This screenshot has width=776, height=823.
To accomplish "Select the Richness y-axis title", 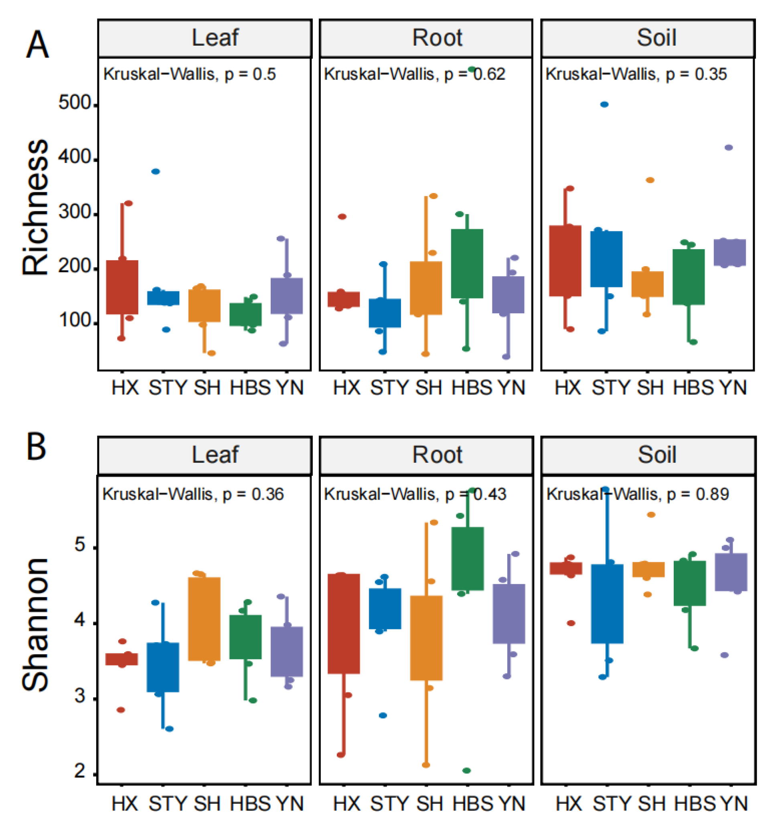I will (35, 207).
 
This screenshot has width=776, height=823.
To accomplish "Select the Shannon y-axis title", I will (35, 625).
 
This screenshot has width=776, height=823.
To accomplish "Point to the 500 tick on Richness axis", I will (75, 103).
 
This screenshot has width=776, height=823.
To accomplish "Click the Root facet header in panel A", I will (437, 38).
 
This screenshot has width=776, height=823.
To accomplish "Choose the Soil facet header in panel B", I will (657, 455).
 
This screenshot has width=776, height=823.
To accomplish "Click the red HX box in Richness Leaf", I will (122, 287).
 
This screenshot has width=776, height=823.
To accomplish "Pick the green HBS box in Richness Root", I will (467, 263).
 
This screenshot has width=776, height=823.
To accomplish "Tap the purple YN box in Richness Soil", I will (730, 253).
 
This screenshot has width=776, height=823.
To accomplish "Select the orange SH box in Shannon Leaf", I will (205, 618).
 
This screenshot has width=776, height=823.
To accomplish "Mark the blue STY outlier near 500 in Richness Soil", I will (604, 104).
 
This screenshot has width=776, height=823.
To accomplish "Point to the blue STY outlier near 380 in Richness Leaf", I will (156, 171).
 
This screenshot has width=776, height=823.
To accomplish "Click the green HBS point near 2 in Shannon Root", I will (466, 770).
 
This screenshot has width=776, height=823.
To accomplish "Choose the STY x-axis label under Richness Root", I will (389, 388).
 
